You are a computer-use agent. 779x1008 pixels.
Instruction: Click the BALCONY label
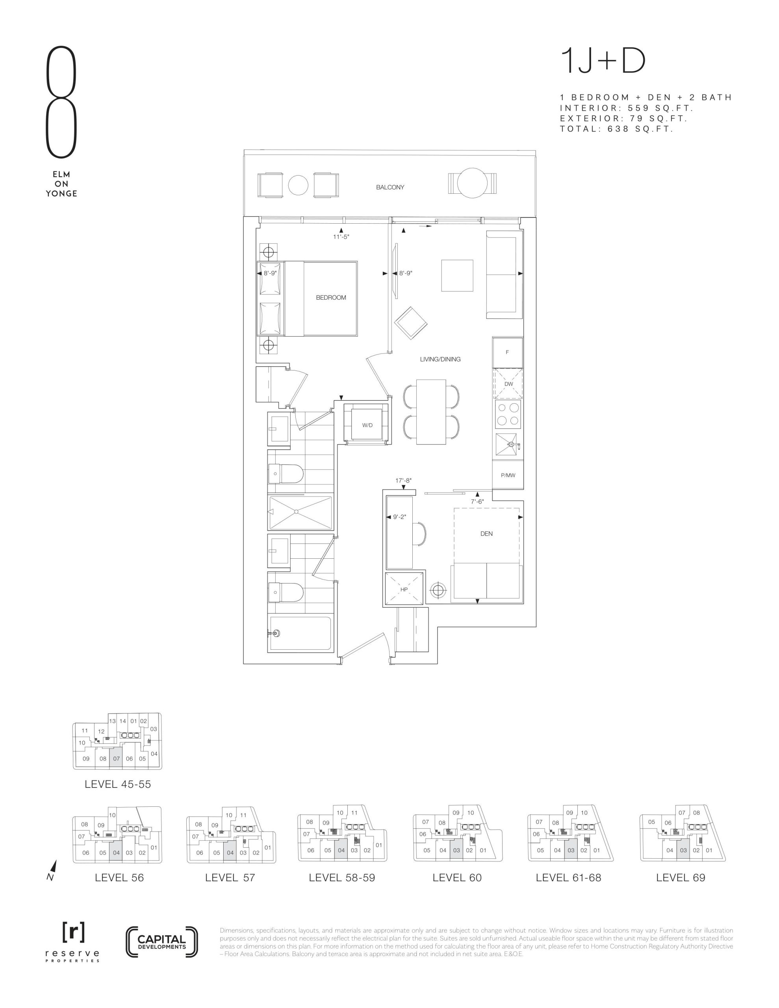coord(390,187)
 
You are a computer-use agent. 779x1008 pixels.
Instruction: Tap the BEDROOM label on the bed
coord(331,298)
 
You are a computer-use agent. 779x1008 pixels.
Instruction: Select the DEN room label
coord(486,534)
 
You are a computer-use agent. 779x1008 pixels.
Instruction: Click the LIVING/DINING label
coord(440,359)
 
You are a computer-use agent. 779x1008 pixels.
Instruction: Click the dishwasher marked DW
coord(508,384)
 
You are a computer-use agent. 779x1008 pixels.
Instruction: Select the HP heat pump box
coord(404,589)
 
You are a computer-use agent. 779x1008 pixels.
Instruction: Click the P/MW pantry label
coord(508,475)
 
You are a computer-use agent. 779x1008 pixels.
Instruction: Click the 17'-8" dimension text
coord(403,480)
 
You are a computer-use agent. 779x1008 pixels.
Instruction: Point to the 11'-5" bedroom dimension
coord(341,237)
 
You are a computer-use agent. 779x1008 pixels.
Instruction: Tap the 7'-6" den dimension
coord(477,501)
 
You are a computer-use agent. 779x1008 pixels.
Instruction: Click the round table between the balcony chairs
coord(298,185)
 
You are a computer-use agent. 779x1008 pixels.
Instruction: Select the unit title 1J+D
coord(603,62)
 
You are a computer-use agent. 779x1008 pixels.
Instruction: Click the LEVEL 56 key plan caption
coord(119,878)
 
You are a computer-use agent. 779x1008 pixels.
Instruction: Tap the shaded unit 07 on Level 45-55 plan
coord(116,759)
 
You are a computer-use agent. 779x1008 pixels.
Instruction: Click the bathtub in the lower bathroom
coord(300,634)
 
